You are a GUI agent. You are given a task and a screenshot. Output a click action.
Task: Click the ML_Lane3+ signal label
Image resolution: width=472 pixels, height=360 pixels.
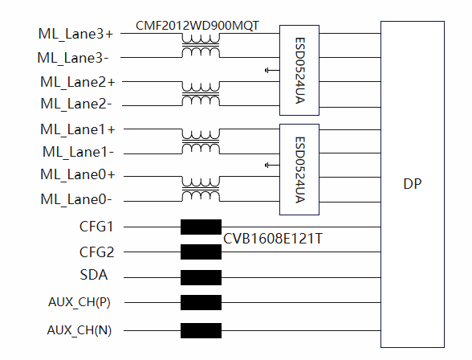(75, 34)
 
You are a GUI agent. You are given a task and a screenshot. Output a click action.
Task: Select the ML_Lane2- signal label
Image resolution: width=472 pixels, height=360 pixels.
(76, 104)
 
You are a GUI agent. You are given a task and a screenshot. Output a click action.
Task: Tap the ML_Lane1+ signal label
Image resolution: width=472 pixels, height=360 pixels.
(78, 130)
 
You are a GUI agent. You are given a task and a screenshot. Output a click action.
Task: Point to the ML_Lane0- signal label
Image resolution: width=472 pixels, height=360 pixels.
(76, 200)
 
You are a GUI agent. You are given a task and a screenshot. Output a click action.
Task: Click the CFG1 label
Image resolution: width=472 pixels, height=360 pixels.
(96, 227)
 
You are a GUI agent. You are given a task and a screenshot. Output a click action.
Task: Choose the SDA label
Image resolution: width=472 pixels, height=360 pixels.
(94, 275)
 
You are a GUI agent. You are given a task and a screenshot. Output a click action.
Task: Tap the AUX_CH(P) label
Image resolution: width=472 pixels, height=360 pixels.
(79, 302)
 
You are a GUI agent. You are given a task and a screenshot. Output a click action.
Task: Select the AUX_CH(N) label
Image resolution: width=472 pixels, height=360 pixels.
(79, 330)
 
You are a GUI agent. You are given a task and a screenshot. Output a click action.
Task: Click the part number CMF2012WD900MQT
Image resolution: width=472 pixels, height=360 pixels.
(197, 26)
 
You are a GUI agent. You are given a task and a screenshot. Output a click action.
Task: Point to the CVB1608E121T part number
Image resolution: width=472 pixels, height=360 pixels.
(273, 239)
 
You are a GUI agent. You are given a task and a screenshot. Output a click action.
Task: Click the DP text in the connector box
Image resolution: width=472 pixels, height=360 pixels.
(412, 184)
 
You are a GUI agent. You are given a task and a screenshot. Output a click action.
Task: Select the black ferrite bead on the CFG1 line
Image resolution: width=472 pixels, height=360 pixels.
(201, 227)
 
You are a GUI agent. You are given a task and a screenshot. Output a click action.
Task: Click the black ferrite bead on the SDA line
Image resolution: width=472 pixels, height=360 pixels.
(201, 277)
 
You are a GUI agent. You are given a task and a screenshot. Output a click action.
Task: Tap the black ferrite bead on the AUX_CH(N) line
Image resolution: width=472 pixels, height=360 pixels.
(201, 330)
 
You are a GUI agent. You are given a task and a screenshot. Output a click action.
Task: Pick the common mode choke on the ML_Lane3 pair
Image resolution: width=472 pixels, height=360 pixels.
(201, 45)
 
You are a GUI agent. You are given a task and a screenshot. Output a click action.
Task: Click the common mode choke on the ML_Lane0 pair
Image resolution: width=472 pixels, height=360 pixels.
(201, 189)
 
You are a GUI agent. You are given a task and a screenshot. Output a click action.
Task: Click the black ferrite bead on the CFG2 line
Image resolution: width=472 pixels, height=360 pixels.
(201, 252)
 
